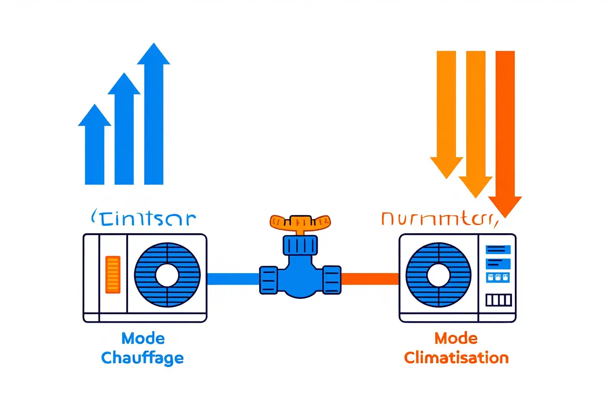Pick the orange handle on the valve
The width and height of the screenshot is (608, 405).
[299, 222]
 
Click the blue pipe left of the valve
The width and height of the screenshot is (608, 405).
[233, 278]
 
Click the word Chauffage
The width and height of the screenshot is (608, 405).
[142, 358]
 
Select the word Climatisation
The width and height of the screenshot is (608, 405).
[456, 358]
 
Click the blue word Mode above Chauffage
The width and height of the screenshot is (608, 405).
[143, 338]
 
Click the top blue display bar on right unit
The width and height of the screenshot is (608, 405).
[497, 249]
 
